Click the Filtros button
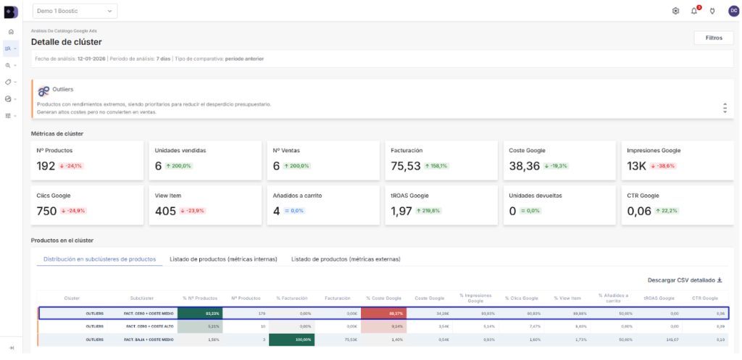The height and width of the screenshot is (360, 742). click(714, 38)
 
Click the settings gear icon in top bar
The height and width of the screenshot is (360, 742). click(675, 11)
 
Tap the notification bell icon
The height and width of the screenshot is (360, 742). click(694, 11)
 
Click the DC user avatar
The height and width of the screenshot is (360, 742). click(733, 11)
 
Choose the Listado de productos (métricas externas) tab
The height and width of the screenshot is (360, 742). click(345, 259)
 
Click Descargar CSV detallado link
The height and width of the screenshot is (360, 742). click(685, 280)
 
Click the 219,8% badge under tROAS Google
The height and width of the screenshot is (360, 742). click(431, 211)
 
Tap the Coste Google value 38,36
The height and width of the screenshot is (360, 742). click(524, 166)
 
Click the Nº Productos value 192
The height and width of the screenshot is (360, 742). click(46, 166)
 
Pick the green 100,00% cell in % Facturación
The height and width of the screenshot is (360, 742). click(291, 339)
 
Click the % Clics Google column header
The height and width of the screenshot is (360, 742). click(520, 298)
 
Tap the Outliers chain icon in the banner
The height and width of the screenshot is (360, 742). click(44, 91)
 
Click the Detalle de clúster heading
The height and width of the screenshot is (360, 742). click(66, 42)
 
